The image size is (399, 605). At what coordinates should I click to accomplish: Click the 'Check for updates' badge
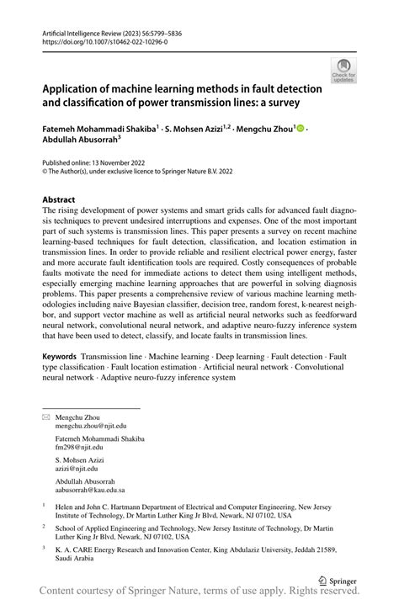[343, 70]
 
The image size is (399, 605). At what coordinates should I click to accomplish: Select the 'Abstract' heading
[59, 200]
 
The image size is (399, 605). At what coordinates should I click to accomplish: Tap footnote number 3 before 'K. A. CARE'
[44, 547]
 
